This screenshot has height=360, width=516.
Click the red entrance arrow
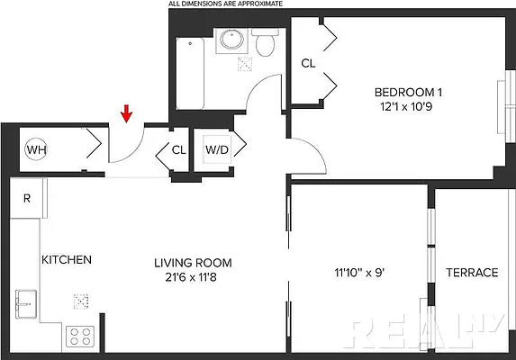127,112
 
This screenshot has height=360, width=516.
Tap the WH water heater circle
35,149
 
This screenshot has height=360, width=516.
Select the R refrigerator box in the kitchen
27,199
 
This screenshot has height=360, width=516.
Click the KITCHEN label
66,260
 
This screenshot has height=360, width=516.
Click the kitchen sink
26,303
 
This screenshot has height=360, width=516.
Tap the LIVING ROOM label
193,263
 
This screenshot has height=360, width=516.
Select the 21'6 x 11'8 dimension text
193,279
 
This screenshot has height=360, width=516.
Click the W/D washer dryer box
216,149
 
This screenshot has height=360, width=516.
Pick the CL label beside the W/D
178,149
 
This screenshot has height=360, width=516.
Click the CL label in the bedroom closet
308,64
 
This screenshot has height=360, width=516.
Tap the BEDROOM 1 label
409,91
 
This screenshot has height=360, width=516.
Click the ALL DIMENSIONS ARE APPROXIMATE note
225,4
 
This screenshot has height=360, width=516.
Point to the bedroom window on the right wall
502,112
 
